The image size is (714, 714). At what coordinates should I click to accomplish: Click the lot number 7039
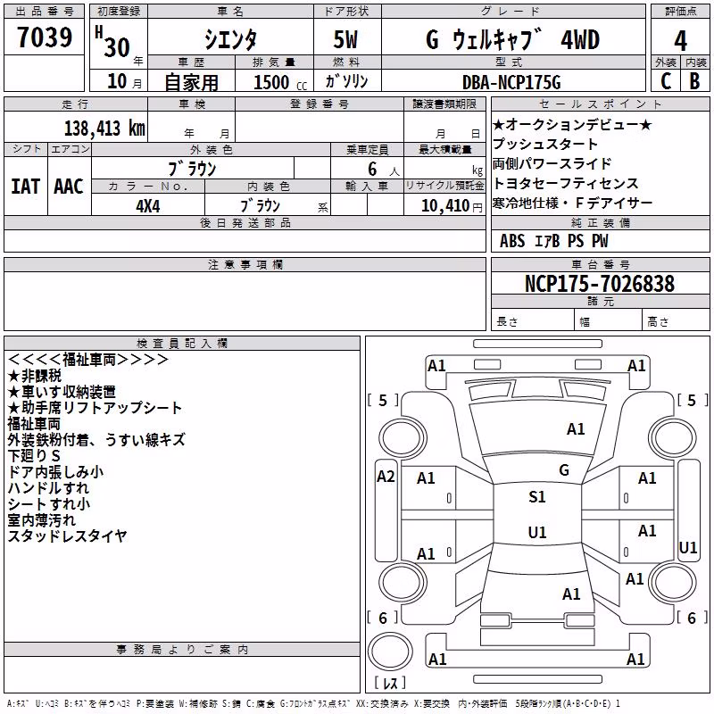(45, 37)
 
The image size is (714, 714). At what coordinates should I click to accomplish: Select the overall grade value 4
(680, 40)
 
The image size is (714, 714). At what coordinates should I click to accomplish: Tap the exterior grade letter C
(666, 80)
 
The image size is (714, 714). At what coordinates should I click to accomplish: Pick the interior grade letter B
(694, 80)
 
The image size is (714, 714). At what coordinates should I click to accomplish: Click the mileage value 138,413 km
(104, 129)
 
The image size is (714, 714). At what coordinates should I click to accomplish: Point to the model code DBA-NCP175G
(511, 82)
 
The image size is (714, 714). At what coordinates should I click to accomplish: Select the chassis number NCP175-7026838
(599, 283)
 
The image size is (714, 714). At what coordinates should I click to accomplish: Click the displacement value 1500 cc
(280, 82)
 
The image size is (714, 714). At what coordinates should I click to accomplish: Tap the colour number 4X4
(148, 206)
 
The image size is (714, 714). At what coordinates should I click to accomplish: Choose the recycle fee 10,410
(445, 206)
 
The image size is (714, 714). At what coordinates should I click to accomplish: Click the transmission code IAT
(26, 187)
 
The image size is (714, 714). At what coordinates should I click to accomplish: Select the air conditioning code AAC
(69, 187)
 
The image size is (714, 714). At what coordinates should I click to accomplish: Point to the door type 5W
(345, 39)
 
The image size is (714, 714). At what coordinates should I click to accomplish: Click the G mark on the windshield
(564, 470)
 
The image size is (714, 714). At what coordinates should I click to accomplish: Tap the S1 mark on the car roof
(537, 497)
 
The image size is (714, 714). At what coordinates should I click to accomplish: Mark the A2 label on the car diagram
(386, 477)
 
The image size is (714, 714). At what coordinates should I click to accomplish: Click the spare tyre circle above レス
(390, 652)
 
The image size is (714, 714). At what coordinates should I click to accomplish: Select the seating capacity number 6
(372, 169)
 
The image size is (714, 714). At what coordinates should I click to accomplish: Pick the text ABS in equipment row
(512, 241)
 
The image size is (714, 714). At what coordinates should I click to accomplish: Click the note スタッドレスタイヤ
(67, 536)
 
